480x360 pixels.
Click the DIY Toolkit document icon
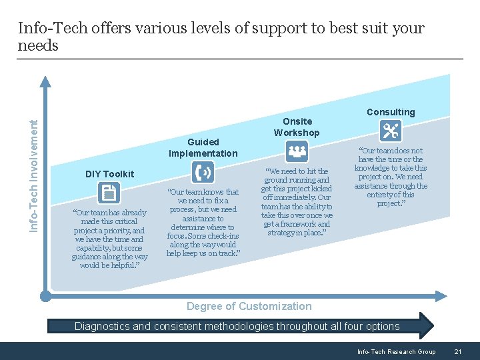coord(108,193)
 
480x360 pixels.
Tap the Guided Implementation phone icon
coord(203,173)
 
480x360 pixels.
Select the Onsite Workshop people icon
coord(297,152)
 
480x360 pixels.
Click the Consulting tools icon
coord(391,132)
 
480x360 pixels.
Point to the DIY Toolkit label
coord(109,174)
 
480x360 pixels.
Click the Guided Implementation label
coord(203,147)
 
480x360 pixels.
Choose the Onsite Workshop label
coord(297,127)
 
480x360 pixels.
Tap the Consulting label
coord(391,112)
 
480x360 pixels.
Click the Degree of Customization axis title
coord(249,306)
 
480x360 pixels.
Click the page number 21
coord(457,352)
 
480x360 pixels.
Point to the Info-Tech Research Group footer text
coord(396,352)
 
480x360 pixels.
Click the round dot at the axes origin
coord(45,295)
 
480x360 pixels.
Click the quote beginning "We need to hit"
coord(297,202)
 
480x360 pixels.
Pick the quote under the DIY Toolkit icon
coord(109,239)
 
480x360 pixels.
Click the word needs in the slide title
coord(38,45)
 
